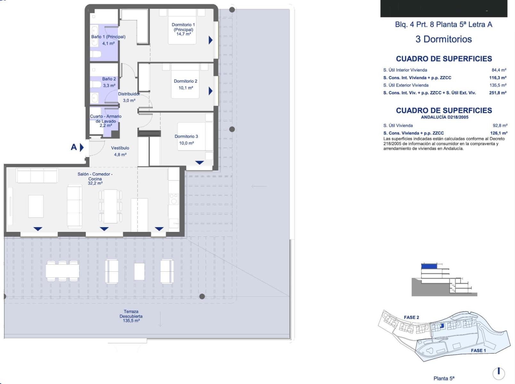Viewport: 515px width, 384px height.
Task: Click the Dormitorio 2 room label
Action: pyautogui.click(x=185, y=81)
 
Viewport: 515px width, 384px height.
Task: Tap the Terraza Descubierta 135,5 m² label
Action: pyautogui.click(x=131, y=316)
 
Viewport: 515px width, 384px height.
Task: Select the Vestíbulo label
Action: pyautogui.click(x=120, y=148)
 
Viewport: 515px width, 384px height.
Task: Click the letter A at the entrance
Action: pyautogui.click(x=74, y=147)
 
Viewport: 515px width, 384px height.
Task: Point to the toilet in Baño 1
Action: pyautogui.click(x=96, y=54)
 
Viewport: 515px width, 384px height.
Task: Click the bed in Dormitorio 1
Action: pyautogui.click(x=182, y=27)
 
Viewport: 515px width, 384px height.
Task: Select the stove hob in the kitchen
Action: pyautogui.click(x=174, y=199)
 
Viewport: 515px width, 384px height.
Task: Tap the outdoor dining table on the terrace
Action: pyautogui.click(x=62, y=271)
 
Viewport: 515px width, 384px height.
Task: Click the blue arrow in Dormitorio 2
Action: pyautogui.click(x=210, y=91)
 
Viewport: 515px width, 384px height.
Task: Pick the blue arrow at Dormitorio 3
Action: pyautogui.click(x=200, y=163)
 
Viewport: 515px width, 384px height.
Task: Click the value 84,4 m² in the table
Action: pyautogui.click(x=499, y=70)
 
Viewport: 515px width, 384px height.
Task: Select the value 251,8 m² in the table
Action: pyautogui.click(x=498, y=93)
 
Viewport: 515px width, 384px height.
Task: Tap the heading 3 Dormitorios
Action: pyautogui.click(x=444, y=39)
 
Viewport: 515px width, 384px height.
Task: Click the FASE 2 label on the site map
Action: pyautogui.click(x=411, y=317)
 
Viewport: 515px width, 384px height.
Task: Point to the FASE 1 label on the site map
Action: pyautogui.click(x=478, y=350)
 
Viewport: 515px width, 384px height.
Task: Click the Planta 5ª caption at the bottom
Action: pyautogui.click(x=444, y=378)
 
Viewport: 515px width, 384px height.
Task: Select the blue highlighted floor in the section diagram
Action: pyautogui.click(x=429, y=266)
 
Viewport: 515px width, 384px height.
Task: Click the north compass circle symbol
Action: pyautogui.click(x=499, y=373)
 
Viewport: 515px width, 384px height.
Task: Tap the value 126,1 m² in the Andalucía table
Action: pyautogui.click(x=499, y=133)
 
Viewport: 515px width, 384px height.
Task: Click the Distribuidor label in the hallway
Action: pyautogui.click(x=129, y=94)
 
